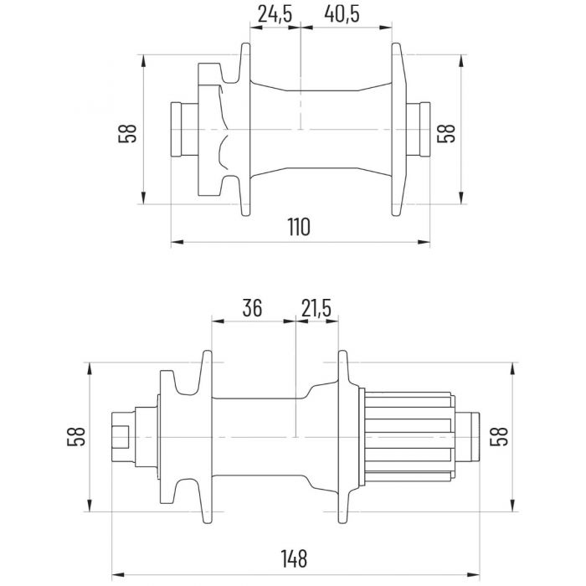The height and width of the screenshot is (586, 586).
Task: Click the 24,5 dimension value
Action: coord(275,14)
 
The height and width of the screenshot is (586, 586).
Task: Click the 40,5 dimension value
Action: coord(342,14)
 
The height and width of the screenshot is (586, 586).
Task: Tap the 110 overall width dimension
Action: coord(299,227)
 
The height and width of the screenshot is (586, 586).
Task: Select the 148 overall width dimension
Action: coord(294,558)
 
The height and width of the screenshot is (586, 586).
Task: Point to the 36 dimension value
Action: coord(252,308)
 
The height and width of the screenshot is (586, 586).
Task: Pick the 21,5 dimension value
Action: coord(316,308)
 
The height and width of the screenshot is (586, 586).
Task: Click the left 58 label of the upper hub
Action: coord(127,133)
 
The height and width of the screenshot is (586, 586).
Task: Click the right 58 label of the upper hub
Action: coord(446,133)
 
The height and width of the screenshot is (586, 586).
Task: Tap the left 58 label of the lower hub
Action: coord(76,436)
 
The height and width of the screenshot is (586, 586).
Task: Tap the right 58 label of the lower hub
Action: coord(499,436)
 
